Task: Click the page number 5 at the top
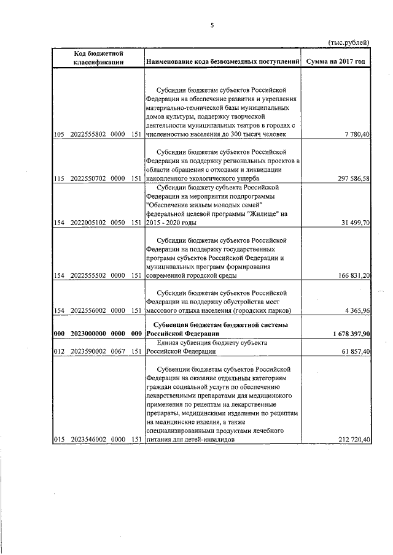[212, 25]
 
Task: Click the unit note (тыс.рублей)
[349, 42]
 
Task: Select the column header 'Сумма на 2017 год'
[338, 62]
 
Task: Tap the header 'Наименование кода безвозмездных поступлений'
[222, 62]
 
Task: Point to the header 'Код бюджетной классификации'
[99, 58]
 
